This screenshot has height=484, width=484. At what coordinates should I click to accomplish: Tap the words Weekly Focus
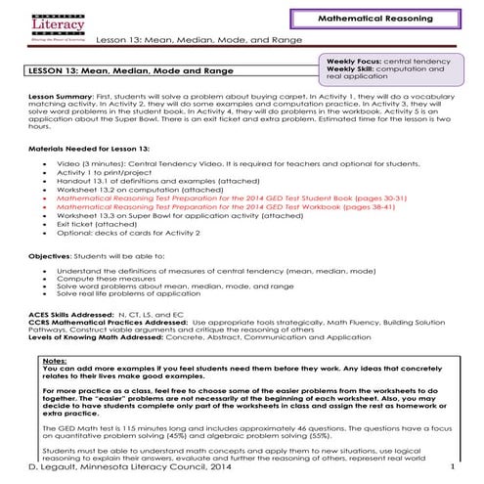(x=354, y=60)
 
